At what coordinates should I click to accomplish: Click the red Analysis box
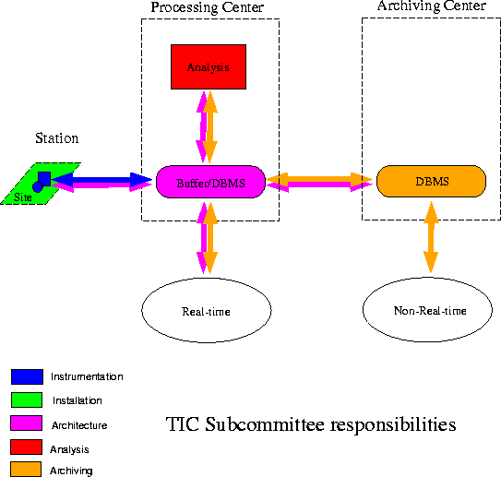click(x=209, y=66)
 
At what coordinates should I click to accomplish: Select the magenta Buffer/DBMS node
click(x=210, y=182)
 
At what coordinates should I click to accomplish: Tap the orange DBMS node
click(x=432, y=181)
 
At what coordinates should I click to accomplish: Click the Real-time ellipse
click(x=207, y=310)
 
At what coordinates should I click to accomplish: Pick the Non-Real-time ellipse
click(x=427, y=310)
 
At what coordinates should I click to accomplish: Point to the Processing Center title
click(x=208, y=7)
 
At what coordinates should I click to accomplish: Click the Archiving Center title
click(x=432, y=6)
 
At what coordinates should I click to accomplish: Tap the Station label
click(x=57, y=138)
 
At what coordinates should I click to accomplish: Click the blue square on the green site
click(x=44, y=179)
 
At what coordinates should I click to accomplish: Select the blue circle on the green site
click(x=38, y=187)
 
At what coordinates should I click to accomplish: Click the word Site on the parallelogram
click(x=23, y=197)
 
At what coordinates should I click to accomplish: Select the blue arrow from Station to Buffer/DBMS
click(x=101, y=179)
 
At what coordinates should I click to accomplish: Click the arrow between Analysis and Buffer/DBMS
click(x=207, y=127)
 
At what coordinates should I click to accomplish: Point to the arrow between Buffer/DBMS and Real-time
click(x=207, y=238)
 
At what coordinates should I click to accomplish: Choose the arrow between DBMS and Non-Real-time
click(x=431, y=237)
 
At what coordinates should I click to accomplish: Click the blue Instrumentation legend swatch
click(x=27, y=376)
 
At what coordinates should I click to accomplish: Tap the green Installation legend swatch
click(x=27, y=400)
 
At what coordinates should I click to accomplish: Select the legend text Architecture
click(x=79, y=425)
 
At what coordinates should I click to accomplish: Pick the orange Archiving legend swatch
click(x=26, y=469)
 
